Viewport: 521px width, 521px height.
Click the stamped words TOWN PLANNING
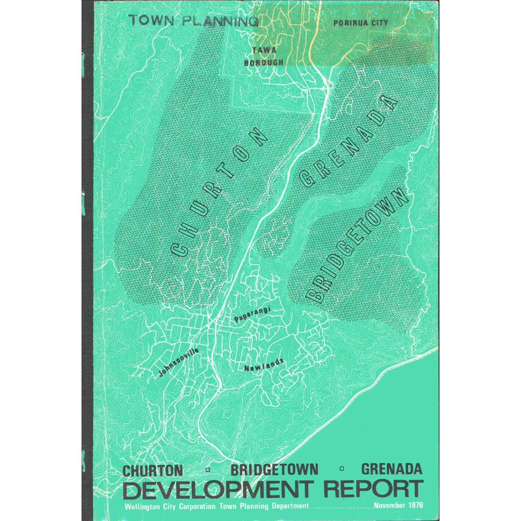tap(194, 20)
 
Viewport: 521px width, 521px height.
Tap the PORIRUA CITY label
tap(360, 23)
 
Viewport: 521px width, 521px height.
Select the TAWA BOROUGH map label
tap(263, 57)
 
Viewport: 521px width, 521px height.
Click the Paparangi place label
tap(252, 315)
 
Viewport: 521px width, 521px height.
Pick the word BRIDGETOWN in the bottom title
tap(274, 470)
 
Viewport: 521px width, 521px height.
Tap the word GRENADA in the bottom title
tap(392, 469)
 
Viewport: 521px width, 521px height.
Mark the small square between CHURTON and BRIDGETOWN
tap(208, 470)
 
